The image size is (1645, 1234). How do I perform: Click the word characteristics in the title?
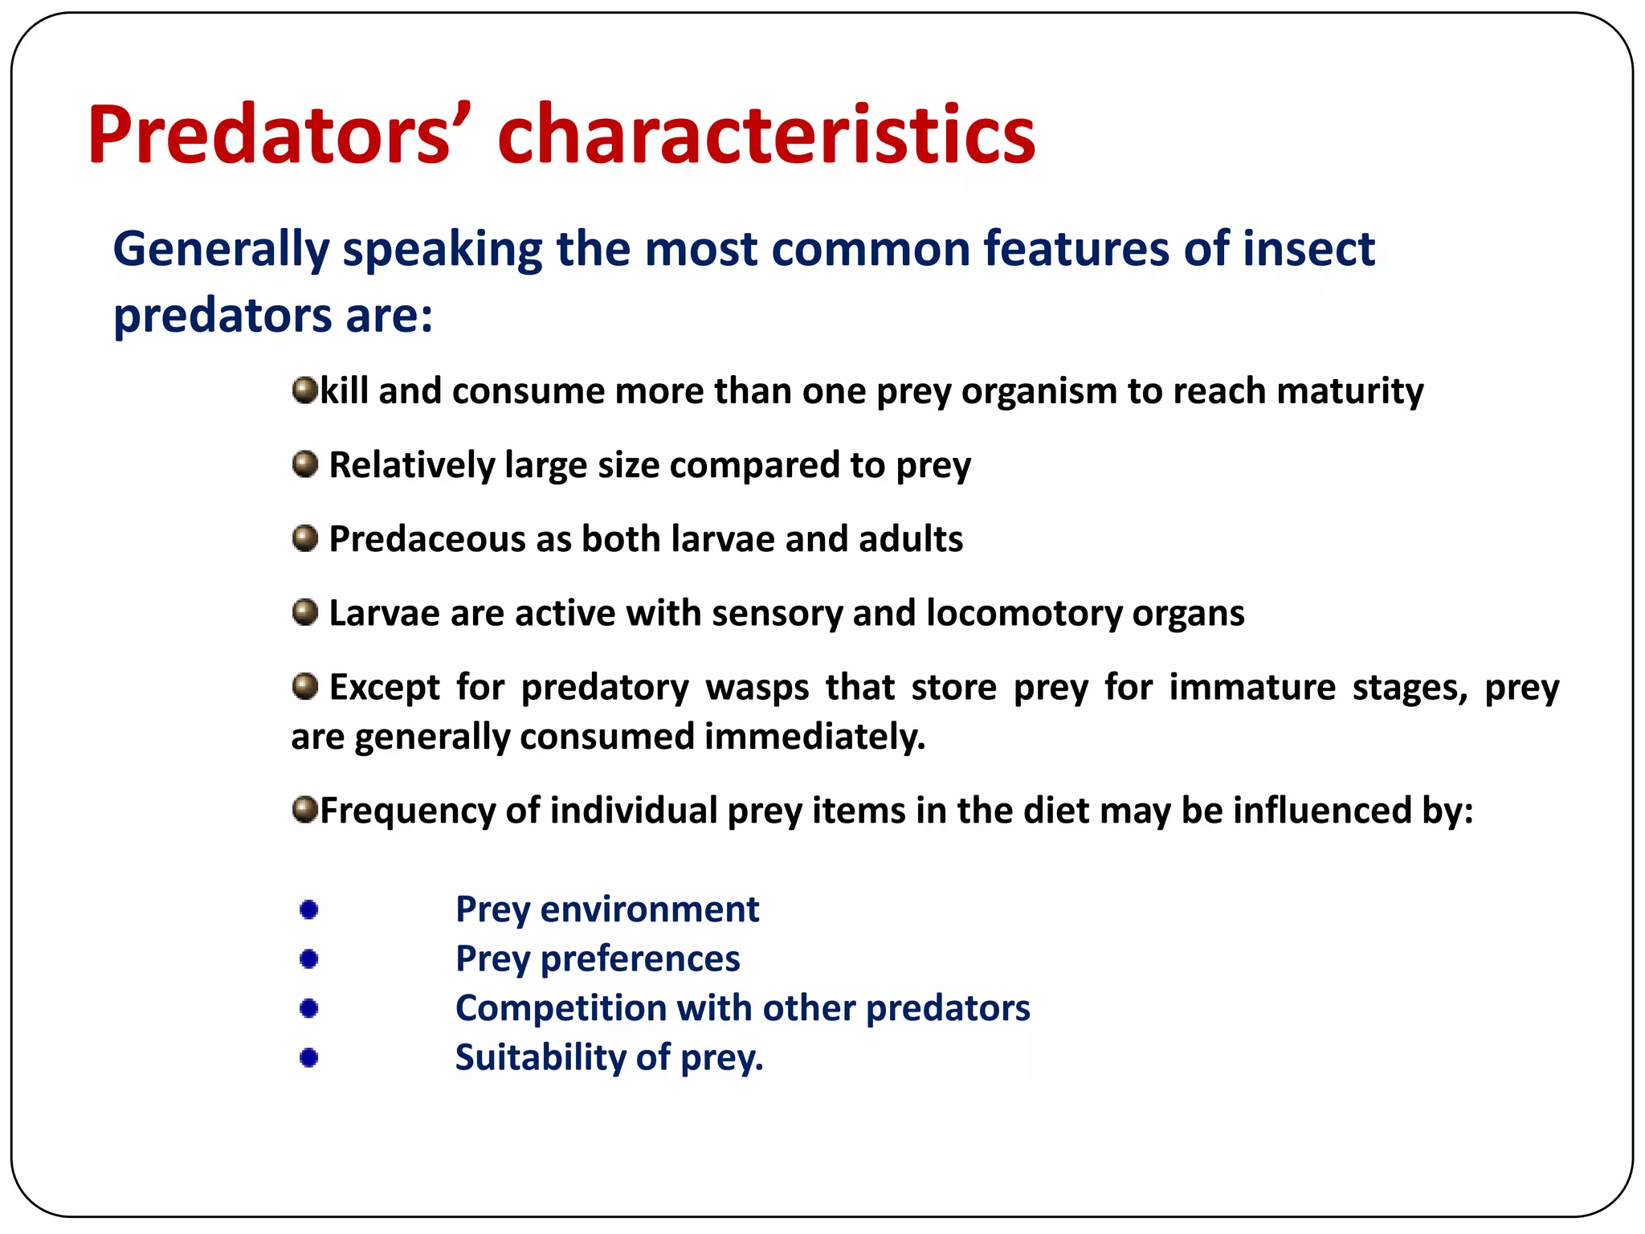pyautogui.click(x=766, y=134)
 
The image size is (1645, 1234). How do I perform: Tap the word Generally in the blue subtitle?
pyautogui.click(x=221, y=249)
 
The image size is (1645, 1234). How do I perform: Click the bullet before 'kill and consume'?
pyautogui.click(x=304, y=390)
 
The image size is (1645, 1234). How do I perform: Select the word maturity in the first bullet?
pyautogui.click(x=1349, y=391)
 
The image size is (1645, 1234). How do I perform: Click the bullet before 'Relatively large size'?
pyautogui.click(x=304, y=464)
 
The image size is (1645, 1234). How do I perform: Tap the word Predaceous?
pyautogui.click(x=427, y=539)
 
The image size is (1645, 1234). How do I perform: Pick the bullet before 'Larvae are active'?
pyautogui.click(x=304, y=612)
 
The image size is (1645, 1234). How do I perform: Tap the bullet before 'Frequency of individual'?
pyautogui.click(x=304, y=809)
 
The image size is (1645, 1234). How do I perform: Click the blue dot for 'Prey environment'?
pyautogui.click(x=308, y=909)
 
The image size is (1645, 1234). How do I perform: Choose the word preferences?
pyautogui.click(x=639, y=958)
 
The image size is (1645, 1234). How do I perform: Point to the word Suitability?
pyautogui.click(x=540, y=1057)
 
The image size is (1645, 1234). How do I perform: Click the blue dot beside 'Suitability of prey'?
pyautogui.click(x=308, y=1057)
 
